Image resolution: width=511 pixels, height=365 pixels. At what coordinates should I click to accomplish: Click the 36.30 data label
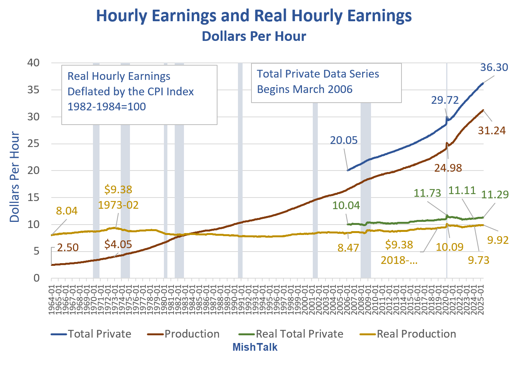494,67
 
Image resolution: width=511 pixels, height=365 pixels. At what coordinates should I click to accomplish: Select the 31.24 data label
491,130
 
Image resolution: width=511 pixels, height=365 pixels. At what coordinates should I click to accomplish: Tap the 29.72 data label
445,100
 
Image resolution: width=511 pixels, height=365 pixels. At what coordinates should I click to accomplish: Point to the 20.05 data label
344,140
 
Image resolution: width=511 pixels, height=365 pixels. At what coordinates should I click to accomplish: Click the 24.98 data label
448,168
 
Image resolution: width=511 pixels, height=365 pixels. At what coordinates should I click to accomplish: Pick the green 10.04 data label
346,205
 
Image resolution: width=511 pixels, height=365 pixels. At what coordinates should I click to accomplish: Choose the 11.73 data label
427,193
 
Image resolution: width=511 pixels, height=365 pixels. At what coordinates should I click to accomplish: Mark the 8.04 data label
67,211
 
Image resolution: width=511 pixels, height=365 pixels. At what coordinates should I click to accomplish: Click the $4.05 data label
118,244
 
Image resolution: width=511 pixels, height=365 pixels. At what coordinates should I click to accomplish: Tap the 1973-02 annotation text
118,205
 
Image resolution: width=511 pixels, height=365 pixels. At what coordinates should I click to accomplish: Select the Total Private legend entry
100,334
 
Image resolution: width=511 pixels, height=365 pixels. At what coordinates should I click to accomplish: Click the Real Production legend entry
416,334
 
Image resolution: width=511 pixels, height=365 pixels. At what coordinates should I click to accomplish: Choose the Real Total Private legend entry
299,334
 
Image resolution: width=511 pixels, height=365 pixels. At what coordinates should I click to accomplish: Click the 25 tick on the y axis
34,144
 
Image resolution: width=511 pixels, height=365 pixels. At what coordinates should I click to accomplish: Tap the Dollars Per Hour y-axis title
14,177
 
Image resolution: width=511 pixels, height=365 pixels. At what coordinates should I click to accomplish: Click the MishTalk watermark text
255,347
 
